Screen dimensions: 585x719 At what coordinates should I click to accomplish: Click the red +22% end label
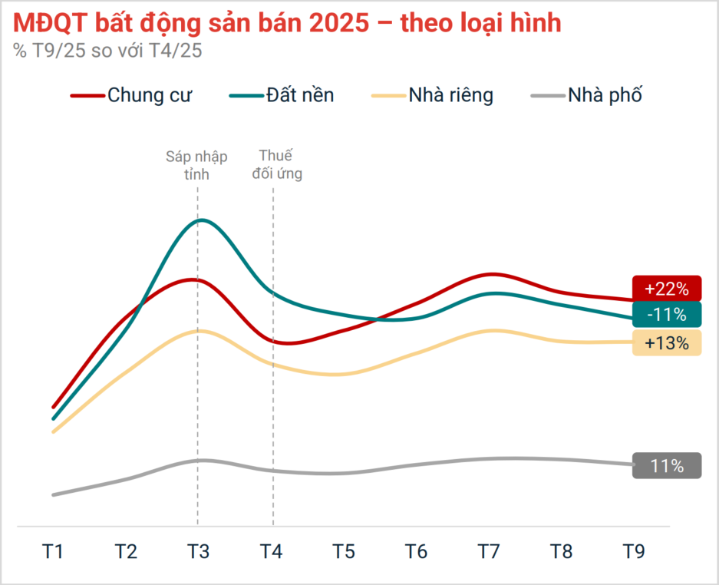[667, 289]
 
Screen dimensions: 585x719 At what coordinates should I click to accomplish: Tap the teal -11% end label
[667, 314]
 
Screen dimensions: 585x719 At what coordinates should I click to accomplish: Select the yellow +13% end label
[667, 343]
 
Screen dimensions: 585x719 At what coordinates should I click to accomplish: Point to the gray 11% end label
[667, 466]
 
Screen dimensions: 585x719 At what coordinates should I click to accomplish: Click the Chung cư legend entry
[132, 96]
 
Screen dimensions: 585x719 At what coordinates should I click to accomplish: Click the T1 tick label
[53, 551]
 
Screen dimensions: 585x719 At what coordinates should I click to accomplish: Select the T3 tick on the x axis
[198, 551]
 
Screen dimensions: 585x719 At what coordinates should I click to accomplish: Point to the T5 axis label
[343, 551]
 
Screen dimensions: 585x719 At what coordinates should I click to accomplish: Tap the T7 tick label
[488, 551]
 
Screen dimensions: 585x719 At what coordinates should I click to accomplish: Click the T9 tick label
[633, 551]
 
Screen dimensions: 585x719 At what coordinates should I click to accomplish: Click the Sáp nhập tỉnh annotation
[197, 165]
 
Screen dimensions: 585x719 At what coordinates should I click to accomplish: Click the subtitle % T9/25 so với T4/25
[107, 51]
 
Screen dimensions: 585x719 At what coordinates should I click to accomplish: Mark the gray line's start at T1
[53, 494]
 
